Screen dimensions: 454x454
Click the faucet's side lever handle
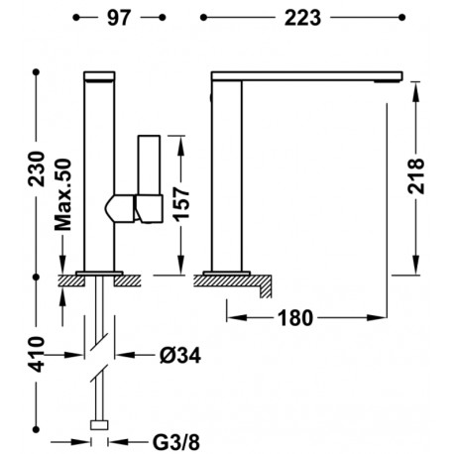[149, 178]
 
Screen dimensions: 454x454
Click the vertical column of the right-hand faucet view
[227, 173]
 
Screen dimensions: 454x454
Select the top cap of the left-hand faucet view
[100, 74]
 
